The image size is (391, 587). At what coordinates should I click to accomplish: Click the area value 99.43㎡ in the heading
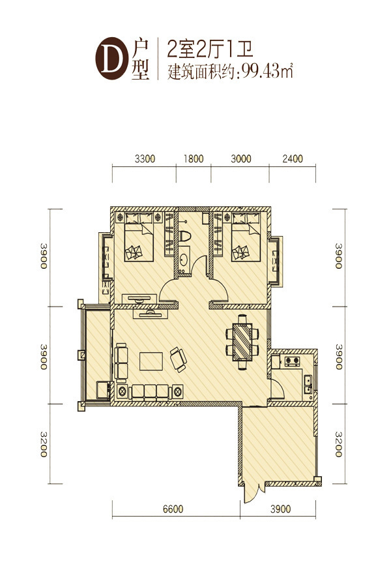pos(267,70)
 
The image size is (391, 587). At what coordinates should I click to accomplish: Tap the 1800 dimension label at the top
pos(194,158)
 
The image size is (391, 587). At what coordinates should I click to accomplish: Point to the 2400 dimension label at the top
pos(293,158)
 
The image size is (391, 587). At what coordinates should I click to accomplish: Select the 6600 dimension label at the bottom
pos(173,509)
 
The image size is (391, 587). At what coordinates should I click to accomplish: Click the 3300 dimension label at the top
pos(145,158)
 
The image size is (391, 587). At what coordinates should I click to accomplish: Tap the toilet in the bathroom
pos(184,236)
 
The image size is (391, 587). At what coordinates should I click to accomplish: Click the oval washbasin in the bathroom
pos(183,260)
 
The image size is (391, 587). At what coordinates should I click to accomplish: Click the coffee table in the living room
pos(151,361)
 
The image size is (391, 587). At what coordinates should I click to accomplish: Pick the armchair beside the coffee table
pos(178,359)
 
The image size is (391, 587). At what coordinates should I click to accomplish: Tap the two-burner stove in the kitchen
pos(292,361)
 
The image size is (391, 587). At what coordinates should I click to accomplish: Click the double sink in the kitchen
pos(308,384)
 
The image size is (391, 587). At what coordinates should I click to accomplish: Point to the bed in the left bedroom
pos(139,237)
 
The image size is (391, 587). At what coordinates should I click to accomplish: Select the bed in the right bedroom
pos(246,237)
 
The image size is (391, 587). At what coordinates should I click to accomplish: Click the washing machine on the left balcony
pos(102,390)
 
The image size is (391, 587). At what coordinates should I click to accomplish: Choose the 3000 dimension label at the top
pos(241,158)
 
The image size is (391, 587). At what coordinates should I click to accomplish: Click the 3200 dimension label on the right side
pos(339,444)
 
